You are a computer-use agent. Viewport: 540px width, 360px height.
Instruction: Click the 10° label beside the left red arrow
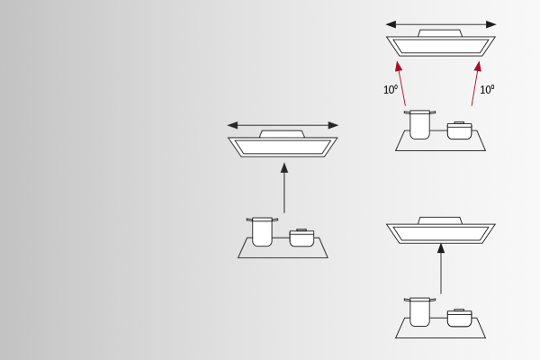(x=391, y=90)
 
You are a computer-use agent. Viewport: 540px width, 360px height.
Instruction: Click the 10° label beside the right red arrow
(x=487, y=90)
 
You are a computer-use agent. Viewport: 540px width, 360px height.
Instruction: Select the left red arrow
(x=401, y=84)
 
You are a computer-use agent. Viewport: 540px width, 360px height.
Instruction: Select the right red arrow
(x=476, y=84)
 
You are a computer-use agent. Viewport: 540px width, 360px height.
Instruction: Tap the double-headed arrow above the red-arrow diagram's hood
(x=441, y=24)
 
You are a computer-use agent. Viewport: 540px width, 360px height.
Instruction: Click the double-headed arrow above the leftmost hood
(x=283, y=125)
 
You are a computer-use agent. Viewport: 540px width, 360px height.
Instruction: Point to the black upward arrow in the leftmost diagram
(x=284, y=188)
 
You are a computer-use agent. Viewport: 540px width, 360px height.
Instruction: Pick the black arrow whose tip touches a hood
(x=441, y=269)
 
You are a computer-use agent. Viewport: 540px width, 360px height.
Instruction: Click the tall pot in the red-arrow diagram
(x=419, y=124)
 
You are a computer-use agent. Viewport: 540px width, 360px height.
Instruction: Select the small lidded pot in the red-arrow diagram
(x=459, y=130)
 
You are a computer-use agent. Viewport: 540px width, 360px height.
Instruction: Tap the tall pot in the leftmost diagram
(x=262, y=231)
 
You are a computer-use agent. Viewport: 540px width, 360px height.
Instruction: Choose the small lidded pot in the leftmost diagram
(x=301, y=238)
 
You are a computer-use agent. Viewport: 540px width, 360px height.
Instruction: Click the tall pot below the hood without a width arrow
(x=419, y=311)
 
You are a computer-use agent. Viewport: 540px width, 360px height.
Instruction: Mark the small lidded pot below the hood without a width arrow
(x=459, y=318)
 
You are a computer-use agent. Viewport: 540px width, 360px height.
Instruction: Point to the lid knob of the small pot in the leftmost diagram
(x=301, y=229)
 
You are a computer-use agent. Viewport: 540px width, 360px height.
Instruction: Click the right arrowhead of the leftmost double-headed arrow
(x=333, y=125)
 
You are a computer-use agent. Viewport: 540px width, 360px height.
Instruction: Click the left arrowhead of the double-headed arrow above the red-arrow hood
(x=391, y=24)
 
